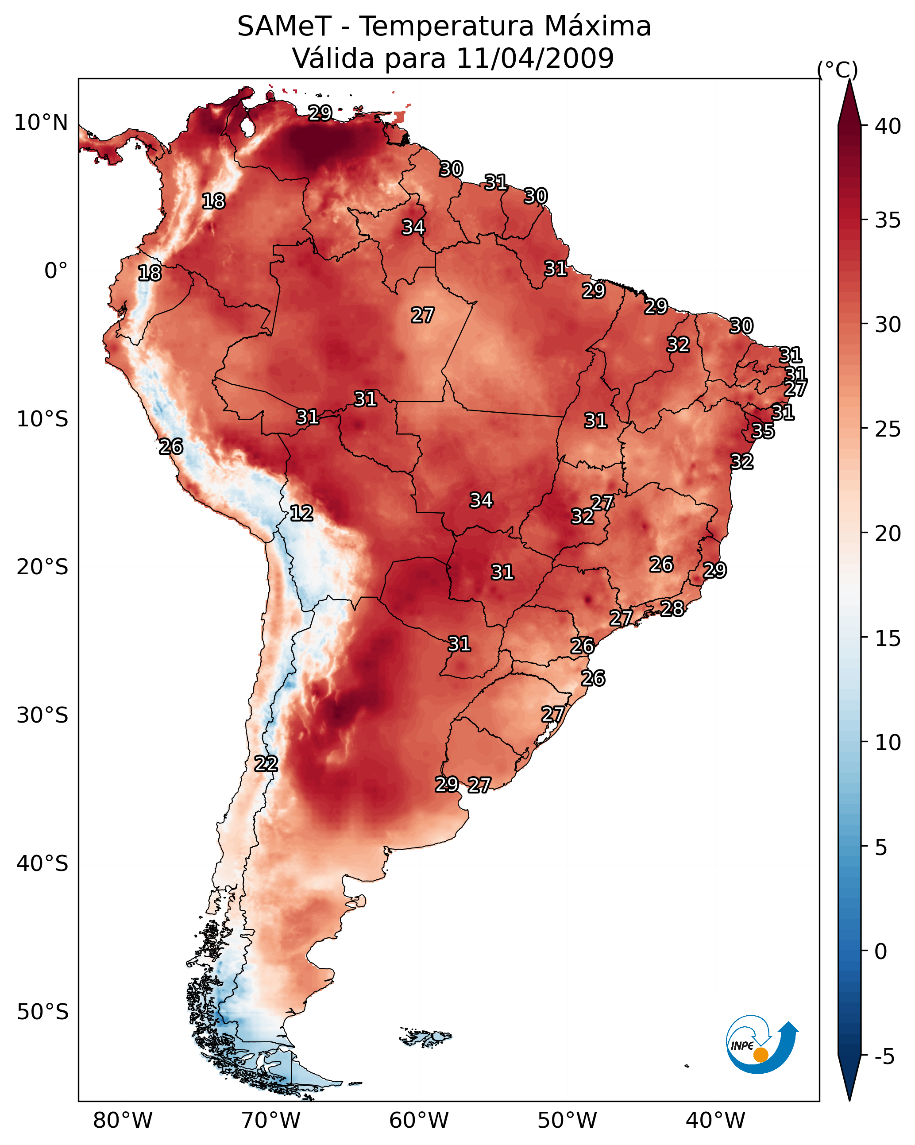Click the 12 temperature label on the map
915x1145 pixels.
pos(301,513)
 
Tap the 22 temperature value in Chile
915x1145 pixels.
pos(266,764)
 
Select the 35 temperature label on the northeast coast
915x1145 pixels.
pos(763,431)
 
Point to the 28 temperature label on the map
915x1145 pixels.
pos(672,608)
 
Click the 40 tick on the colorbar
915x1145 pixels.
pos(888,126)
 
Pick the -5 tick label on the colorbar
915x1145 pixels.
pos(884,1057)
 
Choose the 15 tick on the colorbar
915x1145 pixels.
pos(888,638)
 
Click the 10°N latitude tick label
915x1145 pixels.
pos(41,123)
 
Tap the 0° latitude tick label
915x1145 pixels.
pos(56,271)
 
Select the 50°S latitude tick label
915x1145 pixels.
pos(42,1012)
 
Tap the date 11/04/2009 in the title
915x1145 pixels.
pos(535,58)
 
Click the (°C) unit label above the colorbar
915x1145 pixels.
pos(837,70)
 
